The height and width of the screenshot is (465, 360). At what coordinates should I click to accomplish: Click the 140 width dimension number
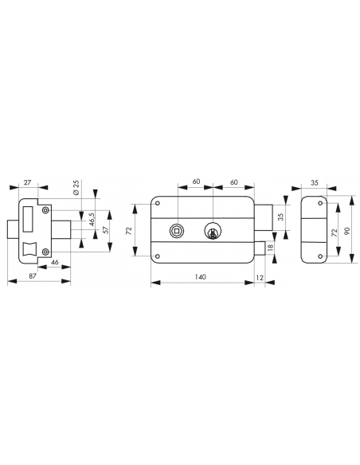tap(200, 277)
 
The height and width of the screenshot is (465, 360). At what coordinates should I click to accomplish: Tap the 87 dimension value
tap(33, 275)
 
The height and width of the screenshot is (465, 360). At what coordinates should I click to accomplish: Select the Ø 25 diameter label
tap(76, 187)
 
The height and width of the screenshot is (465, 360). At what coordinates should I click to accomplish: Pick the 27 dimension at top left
tap(27, 182)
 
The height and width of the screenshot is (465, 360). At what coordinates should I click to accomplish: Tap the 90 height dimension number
tap(347, 230)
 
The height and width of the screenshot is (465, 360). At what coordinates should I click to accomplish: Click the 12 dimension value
tap(260, 278)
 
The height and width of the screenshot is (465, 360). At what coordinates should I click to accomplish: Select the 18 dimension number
tap(270, 246)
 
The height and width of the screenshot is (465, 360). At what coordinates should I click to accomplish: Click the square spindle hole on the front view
tap(177, 230)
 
